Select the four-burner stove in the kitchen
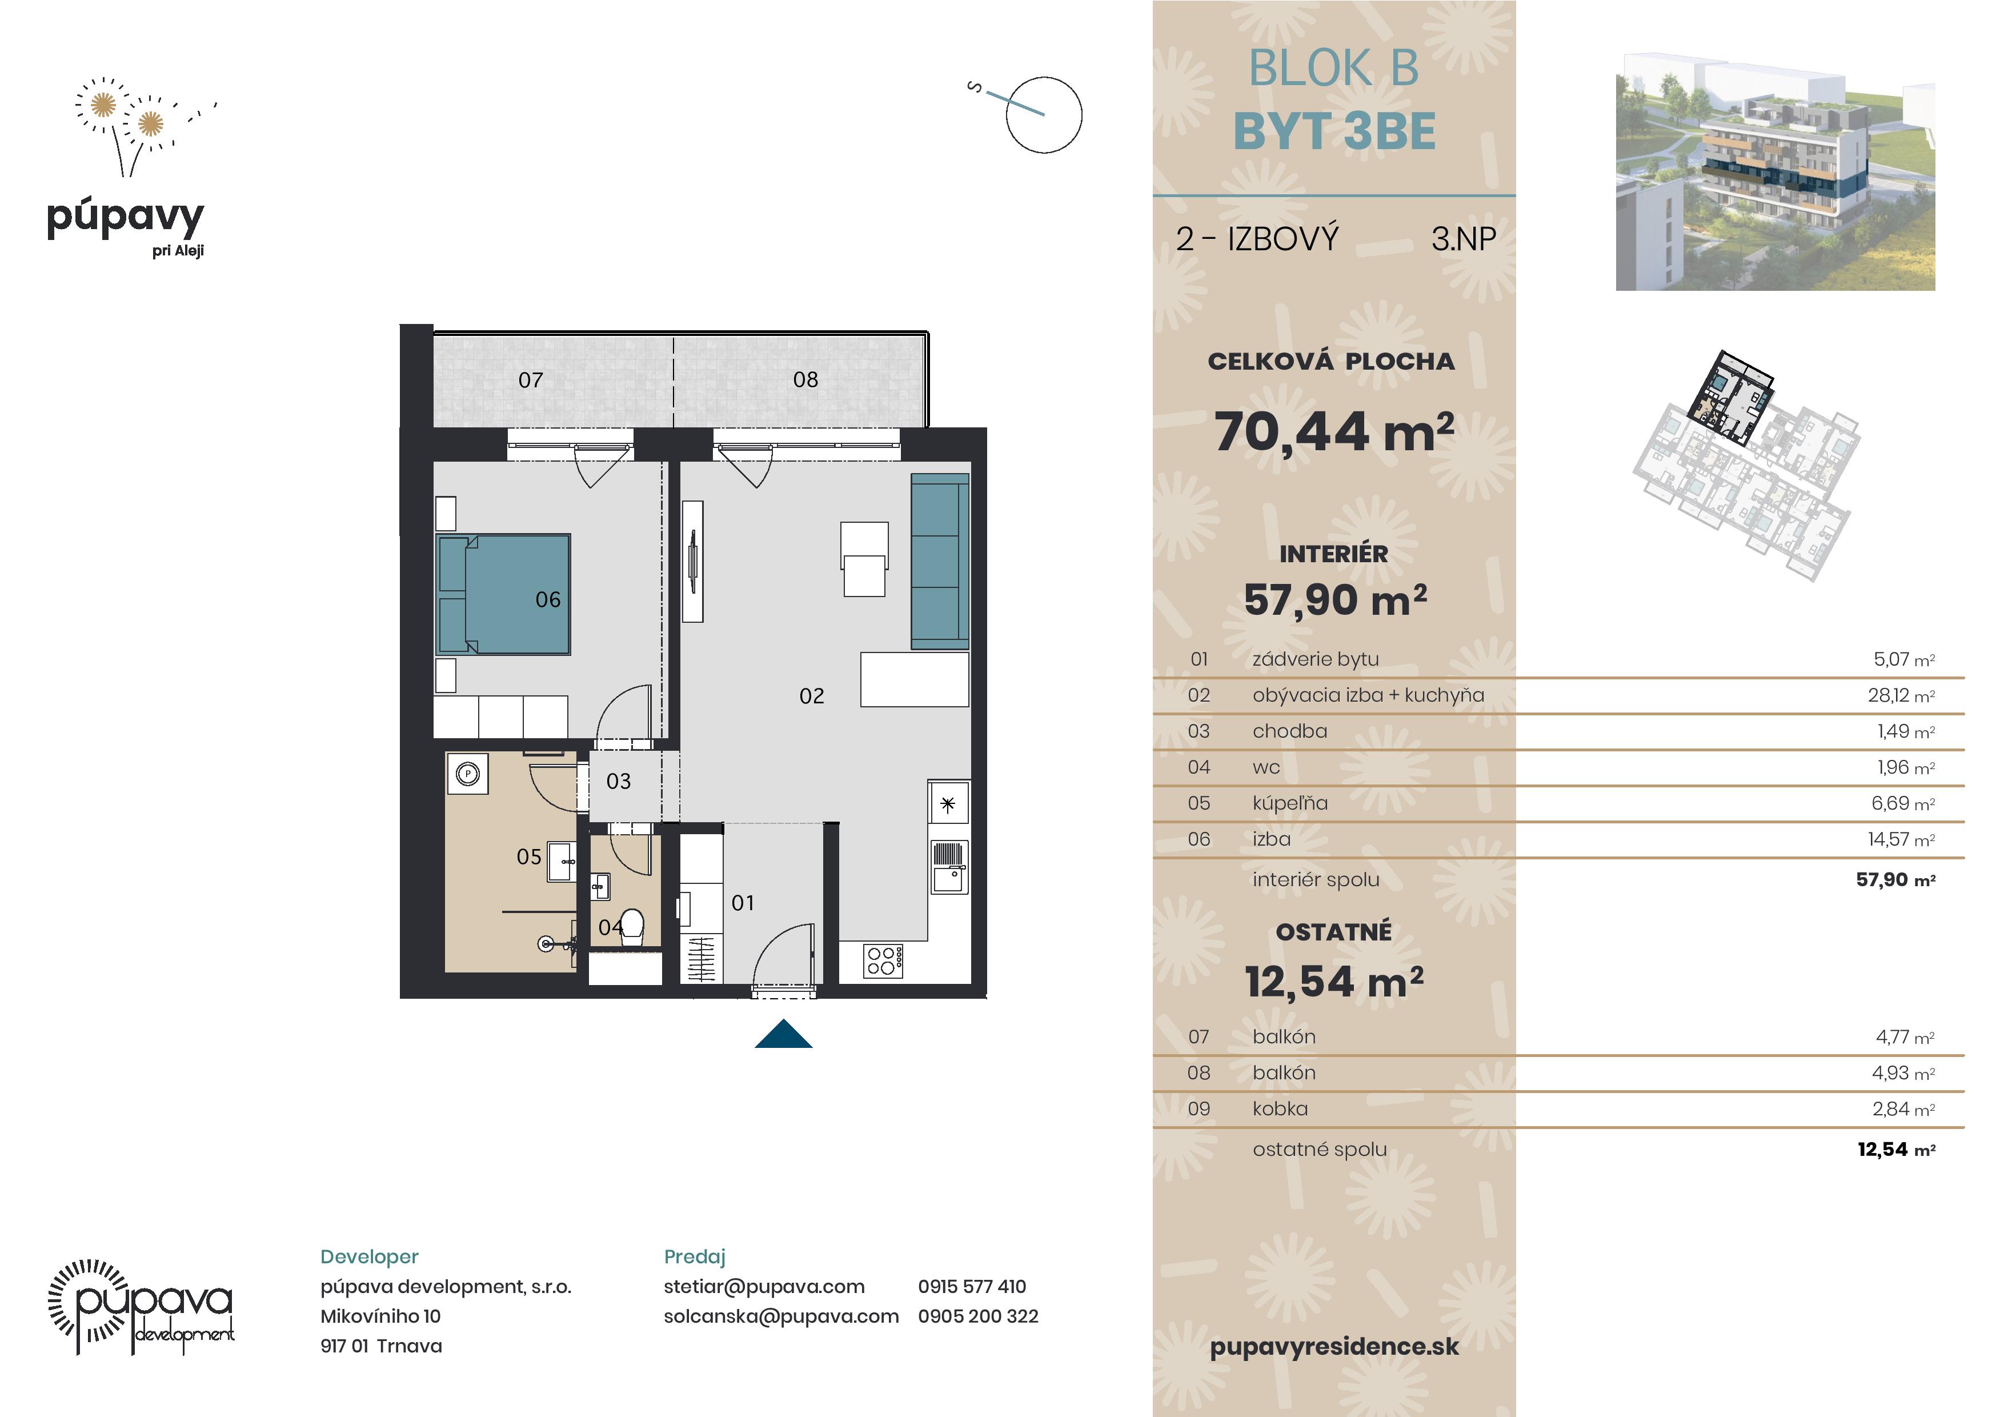[x=883, y=960]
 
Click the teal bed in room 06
[x=504, y=595]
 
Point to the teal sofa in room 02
[x=940, y=562]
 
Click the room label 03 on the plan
[x=619, y=782]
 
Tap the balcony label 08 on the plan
[x=805, y=380]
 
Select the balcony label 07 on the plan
[x=531, y=380]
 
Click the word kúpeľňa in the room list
[x=1290, y=803]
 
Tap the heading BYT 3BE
[x=1334, y=132]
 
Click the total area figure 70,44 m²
[x=1334, y=431]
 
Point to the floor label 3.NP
[x=1464, y=238]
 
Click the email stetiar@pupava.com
[x=764, y=1286]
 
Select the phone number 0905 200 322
[x=979, y=1316]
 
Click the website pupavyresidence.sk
[x=1334, y=1346]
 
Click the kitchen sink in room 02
[x=949, y=866]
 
